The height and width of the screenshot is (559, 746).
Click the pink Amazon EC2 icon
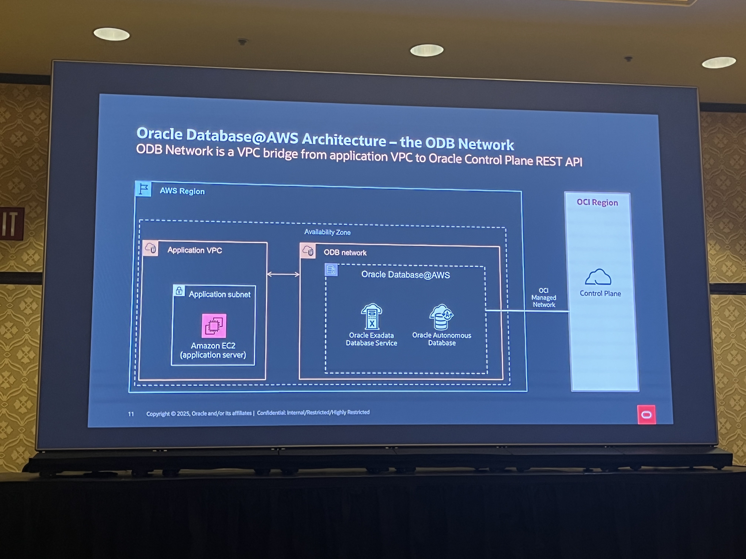pos(214,326)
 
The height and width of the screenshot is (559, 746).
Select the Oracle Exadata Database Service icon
pos(372,316)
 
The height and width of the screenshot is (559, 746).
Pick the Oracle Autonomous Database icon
pos(441,317)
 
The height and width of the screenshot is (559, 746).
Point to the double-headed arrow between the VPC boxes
pos(283,274)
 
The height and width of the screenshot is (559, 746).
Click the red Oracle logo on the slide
pos(646,414)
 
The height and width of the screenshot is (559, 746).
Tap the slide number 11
pos(131,414)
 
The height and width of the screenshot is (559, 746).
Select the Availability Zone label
pos(327,232)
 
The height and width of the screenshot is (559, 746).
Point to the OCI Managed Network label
pos(544,298)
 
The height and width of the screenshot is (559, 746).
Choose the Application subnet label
pos(220,294)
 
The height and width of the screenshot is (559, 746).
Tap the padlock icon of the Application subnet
pos(179,290)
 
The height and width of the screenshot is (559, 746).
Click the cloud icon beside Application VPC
pos(150,248)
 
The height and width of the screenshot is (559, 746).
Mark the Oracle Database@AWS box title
pos(405,275)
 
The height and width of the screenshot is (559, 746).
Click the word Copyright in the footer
pos(158,414)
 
